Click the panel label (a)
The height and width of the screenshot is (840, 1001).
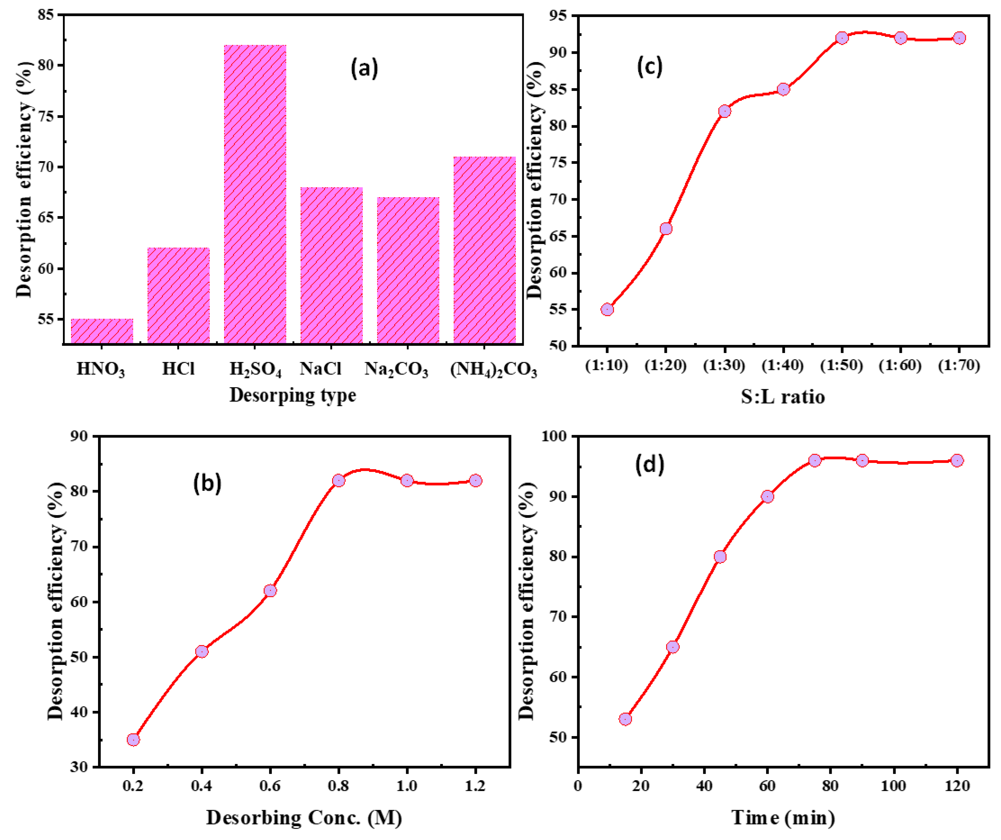point(365,68)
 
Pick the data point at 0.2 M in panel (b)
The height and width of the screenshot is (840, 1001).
point(133,740)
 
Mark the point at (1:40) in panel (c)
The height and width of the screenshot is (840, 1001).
point(783,89)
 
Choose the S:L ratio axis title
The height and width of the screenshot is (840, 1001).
point(783,397)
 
